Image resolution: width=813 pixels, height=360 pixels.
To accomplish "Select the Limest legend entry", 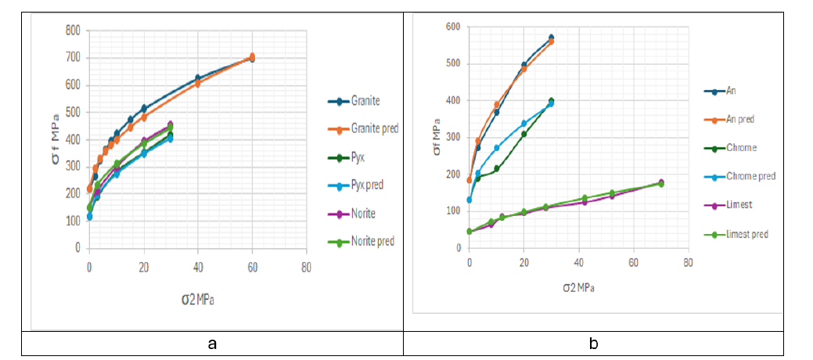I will coord(740,204).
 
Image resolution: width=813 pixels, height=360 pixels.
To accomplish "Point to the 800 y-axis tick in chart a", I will coord(73,31).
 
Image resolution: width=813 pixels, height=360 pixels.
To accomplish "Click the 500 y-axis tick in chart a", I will coord(73,112).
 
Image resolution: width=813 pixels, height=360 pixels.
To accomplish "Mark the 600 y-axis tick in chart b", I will coord(452,26).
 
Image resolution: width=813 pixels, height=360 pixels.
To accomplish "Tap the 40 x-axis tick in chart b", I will coord(578,261).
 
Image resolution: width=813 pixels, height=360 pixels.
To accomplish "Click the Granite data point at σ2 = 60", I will coord(252,57).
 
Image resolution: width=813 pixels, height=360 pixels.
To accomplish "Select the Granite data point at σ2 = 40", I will coord(198,78).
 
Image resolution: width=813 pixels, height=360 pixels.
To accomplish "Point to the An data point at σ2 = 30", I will coord(551,38).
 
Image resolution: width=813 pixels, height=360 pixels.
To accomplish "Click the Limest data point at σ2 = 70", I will coord(660,182).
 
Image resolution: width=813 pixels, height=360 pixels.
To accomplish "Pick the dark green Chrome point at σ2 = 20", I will coord(523,134).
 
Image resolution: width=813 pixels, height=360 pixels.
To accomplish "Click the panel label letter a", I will coord(211,344).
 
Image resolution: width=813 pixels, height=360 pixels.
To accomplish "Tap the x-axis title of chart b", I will coord(577,287).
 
